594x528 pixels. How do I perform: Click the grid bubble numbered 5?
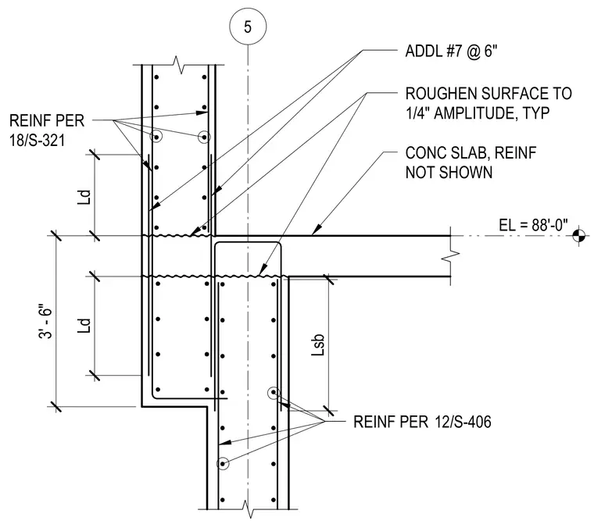pos(248,27)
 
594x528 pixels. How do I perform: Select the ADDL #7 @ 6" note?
pos(451,51)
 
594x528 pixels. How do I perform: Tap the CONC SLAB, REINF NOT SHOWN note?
pos(471,162)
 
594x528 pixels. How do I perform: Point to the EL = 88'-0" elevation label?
pos(533,225)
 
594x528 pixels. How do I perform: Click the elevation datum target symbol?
pos(579,236)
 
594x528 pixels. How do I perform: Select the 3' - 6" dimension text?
pos(46,321)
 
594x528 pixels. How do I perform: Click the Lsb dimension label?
pos(317,344)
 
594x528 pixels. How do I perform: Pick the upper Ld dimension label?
pos(84,197)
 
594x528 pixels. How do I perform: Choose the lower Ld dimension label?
pos(84,325)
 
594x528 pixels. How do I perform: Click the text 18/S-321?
pos(38,141)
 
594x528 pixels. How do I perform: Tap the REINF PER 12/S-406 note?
pos(422,422)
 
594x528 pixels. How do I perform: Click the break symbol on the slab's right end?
pos(451,256)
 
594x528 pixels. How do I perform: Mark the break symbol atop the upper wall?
pos(178,65)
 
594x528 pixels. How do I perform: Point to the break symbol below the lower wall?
pos(248,509)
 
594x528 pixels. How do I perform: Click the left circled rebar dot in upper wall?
pos(156,137)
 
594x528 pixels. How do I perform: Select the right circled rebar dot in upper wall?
pos(204,137)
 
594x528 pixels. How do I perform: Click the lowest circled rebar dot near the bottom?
pos(223,464)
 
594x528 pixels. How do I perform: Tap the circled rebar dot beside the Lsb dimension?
pos(274,393)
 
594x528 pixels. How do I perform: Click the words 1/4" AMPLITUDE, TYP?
pos(478,113)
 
